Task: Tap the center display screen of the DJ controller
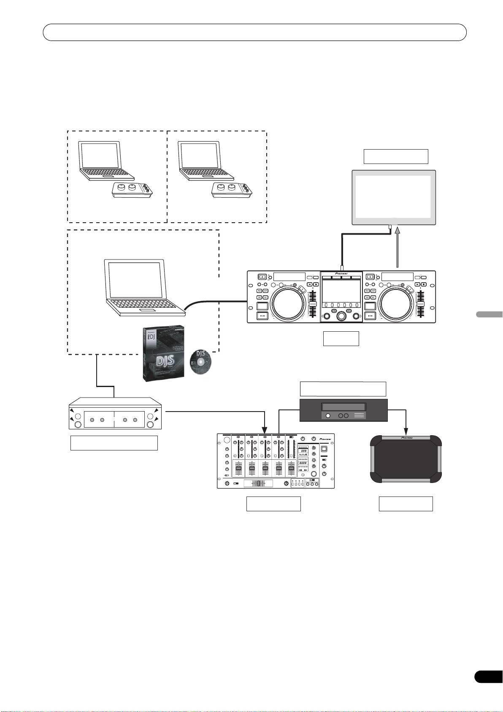(341, 290)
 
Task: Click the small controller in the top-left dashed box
(133, 189)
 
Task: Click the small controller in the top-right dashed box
(232, 189)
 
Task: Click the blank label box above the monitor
(396, 156)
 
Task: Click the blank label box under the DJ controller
(341, 338)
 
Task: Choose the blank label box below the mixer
(273, 504)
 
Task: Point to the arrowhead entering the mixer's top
(265, 429)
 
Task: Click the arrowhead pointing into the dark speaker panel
(406, 431)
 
